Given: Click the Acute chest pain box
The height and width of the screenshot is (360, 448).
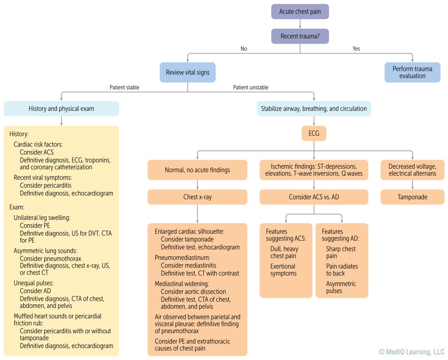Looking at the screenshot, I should (x=300, y=11).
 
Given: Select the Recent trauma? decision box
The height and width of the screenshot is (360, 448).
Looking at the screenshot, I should (x=300, y=36).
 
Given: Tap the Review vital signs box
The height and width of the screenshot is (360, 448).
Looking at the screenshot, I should (x=188, y=72).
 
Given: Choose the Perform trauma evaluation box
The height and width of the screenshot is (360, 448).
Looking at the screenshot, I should (x=412, y=72).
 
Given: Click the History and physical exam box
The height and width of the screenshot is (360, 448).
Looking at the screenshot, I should (x=61, y=109).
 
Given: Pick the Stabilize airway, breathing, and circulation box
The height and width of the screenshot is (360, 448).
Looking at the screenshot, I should (x=314, y=109).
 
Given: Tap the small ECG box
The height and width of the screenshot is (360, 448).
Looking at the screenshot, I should (x=314, y=133).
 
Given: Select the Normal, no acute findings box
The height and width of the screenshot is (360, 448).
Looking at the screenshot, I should (x=197, y=170).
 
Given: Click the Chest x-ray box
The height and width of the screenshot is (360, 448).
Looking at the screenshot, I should (x=197, y=197).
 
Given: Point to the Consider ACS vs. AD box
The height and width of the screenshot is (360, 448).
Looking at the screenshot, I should (x=314, y=197).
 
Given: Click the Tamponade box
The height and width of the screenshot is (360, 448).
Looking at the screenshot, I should (x=412, y=197).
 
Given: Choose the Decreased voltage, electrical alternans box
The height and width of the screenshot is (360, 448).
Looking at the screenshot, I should (x=412, y=170).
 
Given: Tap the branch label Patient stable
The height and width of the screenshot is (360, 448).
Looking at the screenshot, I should (x=124, y=88).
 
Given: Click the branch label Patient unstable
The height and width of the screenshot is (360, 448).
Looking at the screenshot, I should (x=251, y=88).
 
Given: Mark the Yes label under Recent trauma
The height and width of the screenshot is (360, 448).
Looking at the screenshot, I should (x=356, y=49).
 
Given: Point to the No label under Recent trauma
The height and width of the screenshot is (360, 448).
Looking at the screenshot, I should (x=244, y=49).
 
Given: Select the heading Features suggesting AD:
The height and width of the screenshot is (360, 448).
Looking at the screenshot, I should (x=339, y=235).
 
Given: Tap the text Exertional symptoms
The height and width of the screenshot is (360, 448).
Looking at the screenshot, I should (x=283, y=270).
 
